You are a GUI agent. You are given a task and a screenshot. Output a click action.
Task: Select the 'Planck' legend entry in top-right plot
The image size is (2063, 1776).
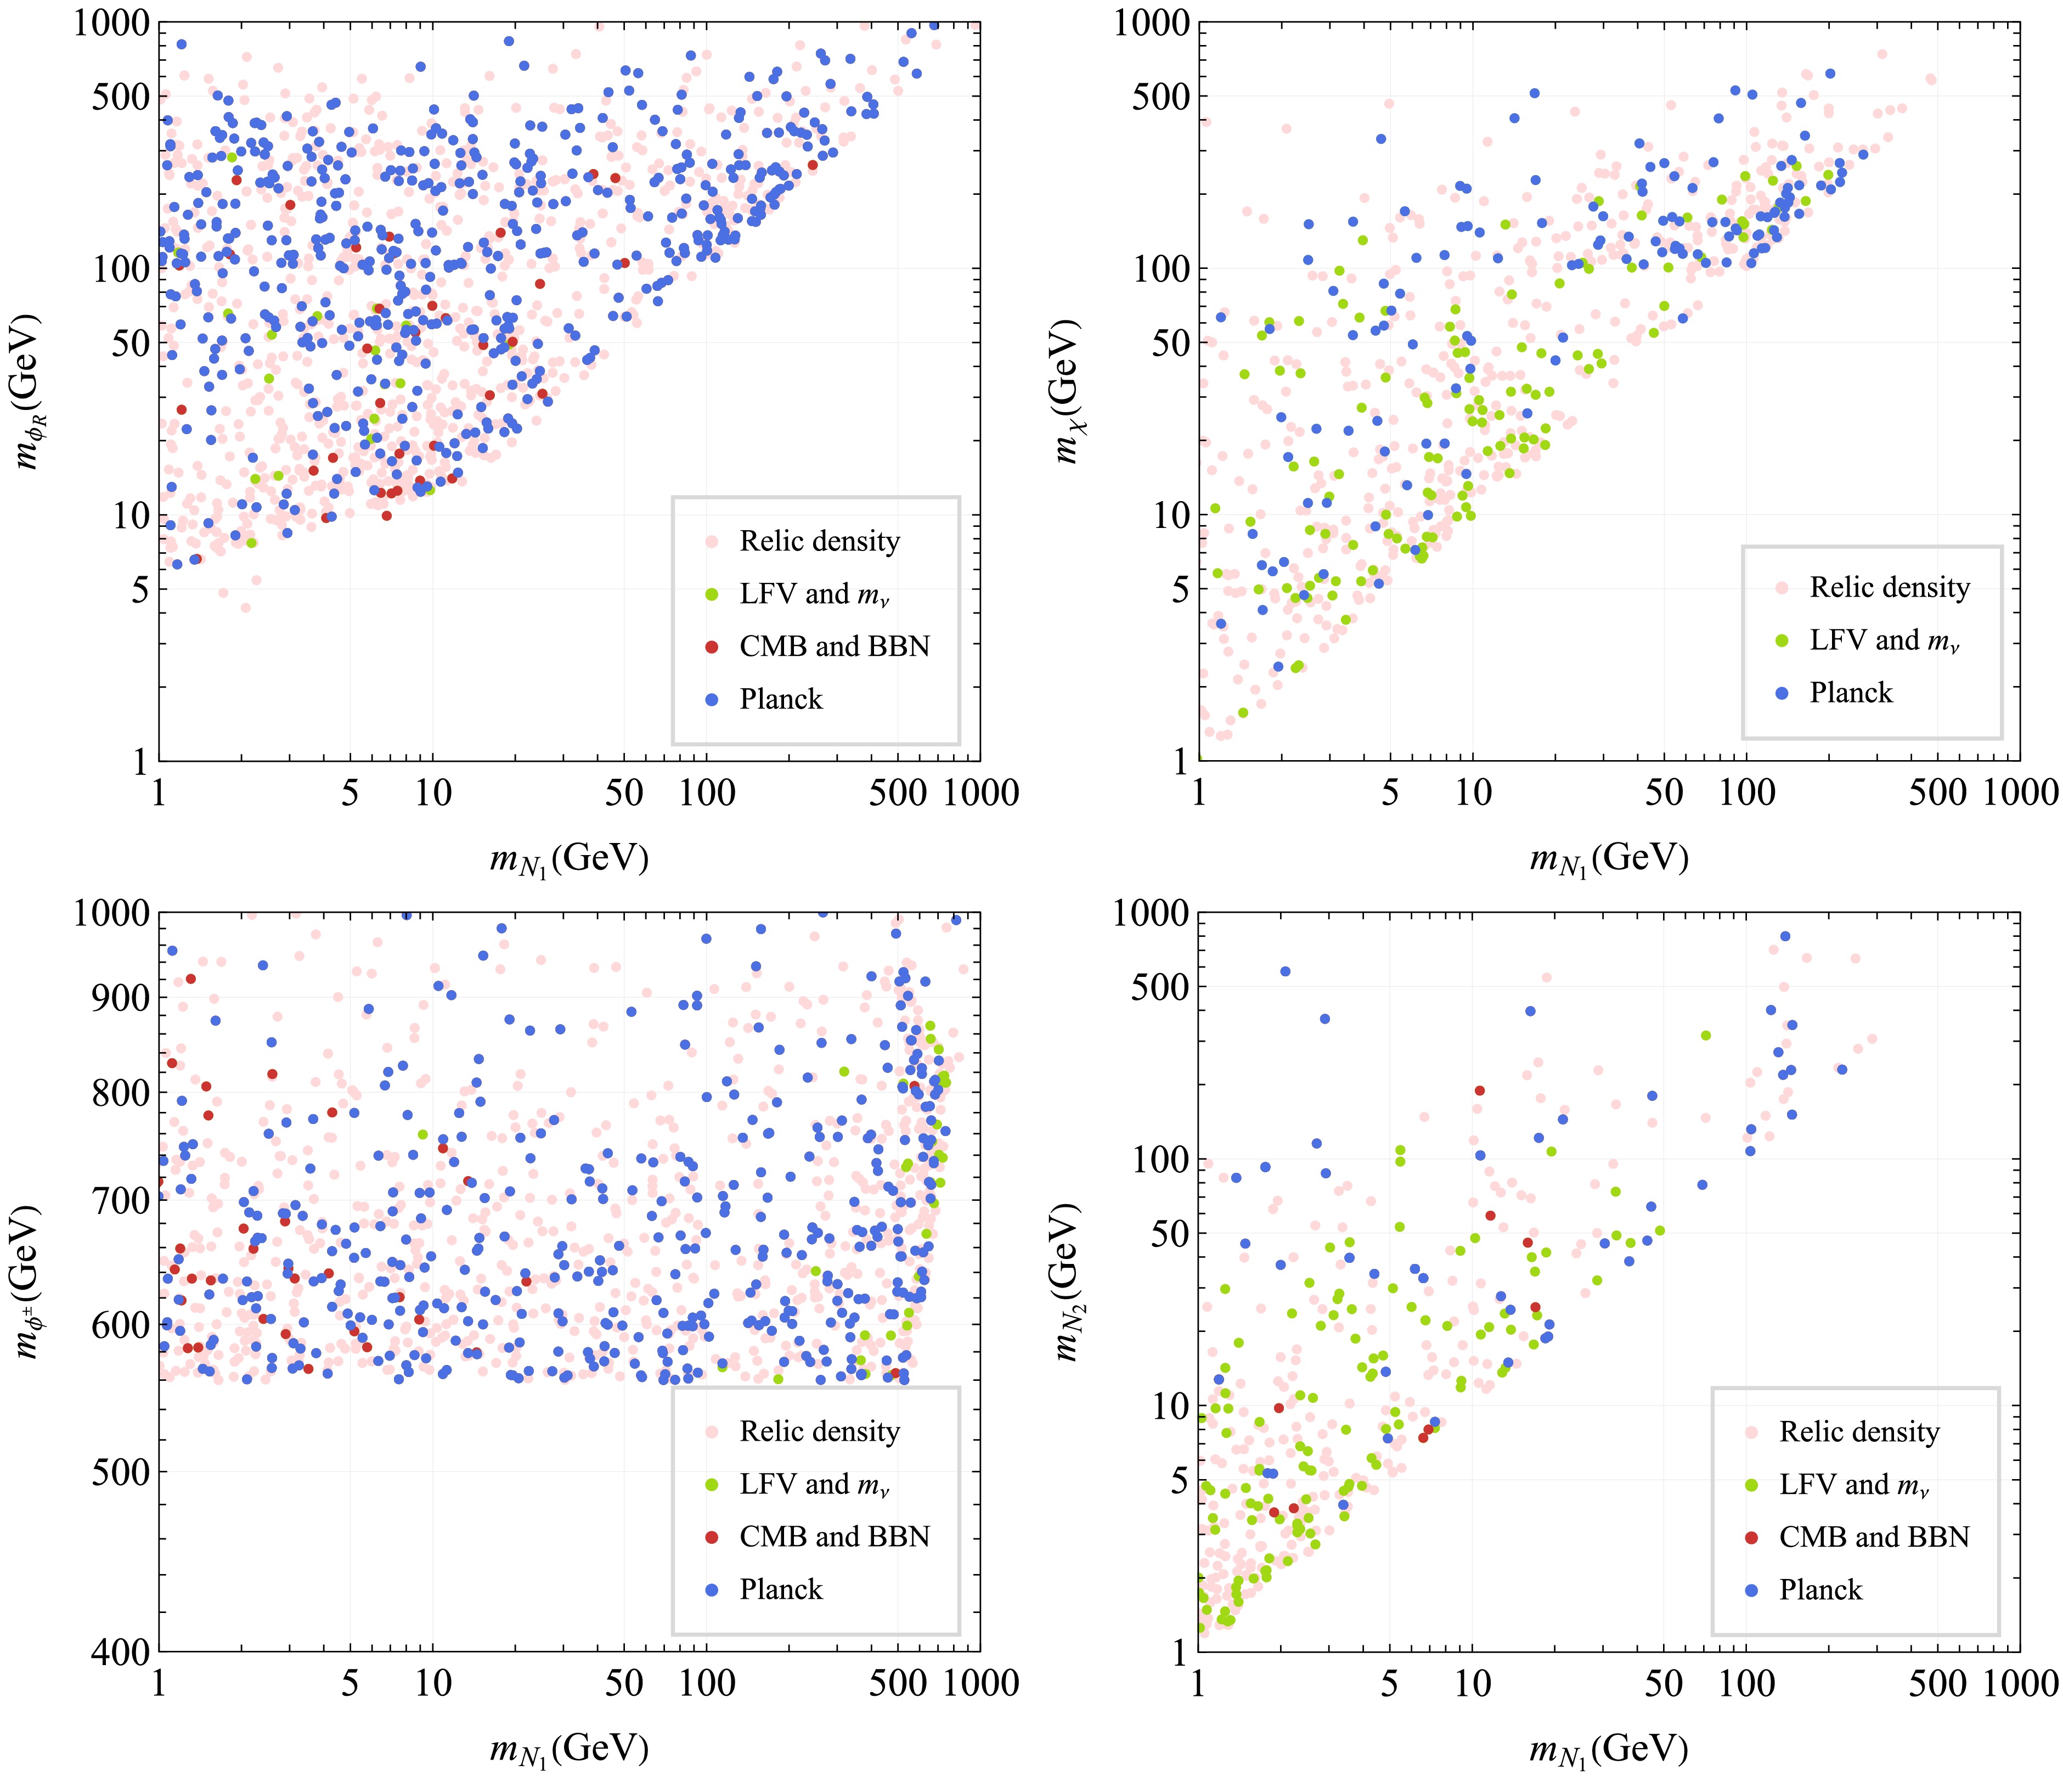point(1850,692)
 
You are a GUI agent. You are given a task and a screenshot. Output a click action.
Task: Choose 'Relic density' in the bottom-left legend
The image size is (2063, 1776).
point(819,1431)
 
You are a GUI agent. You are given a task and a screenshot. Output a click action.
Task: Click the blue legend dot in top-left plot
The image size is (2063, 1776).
point(711,699)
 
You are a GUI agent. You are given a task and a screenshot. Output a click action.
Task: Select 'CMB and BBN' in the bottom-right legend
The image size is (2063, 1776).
point(1874,1537)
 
